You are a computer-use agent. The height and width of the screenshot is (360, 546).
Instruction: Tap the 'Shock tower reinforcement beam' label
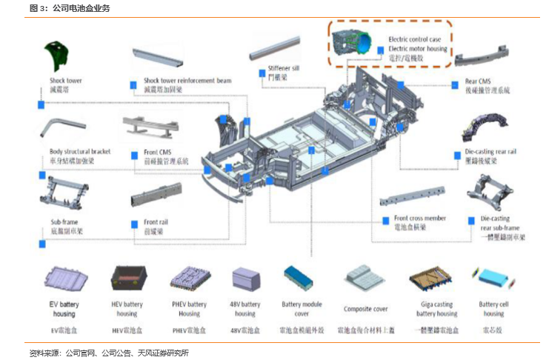point(187,81)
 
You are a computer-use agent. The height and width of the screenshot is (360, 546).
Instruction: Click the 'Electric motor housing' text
point(418,49)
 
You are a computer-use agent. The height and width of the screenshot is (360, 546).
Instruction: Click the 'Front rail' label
point(156,222)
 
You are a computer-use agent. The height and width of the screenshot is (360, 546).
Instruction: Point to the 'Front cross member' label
point(419,219)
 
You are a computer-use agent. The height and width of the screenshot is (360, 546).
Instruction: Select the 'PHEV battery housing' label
point(190,309)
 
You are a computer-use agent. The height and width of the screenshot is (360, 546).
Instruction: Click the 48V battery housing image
point(246,279)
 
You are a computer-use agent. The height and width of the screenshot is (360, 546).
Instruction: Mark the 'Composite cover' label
point(365,309)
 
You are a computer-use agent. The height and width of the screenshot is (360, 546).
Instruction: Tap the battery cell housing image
point(493,279)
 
